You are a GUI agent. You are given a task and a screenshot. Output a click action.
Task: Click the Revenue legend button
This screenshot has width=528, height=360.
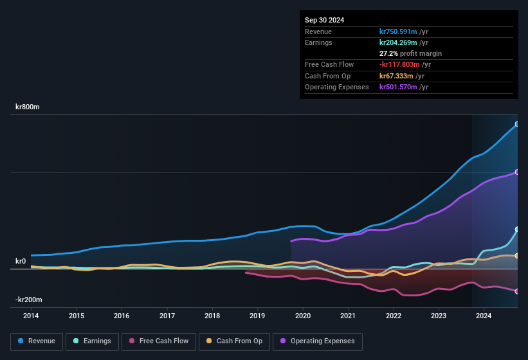point(37,341)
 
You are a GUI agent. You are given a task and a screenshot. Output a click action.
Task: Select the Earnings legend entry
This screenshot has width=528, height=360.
point(92,341)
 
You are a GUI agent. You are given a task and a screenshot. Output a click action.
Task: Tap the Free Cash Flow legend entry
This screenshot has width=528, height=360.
point(158,341)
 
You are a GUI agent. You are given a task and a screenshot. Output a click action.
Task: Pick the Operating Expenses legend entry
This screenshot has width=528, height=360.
point(318,341)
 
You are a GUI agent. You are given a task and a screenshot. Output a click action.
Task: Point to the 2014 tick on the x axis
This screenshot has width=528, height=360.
point(31,316)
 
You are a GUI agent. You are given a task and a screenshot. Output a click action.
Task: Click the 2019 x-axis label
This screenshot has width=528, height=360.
point(257,316)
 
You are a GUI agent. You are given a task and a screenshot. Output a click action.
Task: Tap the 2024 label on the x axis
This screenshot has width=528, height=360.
point(484,316)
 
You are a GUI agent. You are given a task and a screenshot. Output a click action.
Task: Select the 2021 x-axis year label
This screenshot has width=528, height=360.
point(348,316)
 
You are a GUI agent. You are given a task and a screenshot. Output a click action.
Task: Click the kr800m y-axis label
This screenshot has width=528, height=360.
point(28,107)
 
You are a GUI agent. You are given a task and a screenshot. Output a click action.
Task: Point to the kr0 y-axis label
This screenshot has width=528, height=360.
point(21,262)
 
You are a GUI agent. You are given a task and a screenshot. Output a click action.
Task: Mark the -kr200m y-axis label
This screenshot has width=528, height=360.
point(29,300)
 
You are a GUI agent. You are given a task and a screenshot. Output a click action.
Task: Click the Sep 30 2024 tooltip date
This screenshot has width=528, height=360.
point(324,20)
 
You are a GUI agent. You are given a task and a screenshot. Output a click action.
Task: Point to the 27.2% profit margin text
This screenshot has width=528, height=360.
point(410,53)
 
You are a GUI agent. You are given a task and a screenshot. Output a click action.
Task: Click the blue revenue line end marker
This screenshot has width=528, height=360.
point(517,124)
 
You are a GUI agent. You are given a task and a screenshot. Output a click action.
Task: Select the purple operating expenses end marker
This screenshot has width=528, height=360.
point(517,172)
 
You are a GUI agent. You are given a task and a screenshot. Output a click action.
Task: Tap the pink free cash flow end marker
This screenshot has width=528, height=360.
point(517,291)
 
